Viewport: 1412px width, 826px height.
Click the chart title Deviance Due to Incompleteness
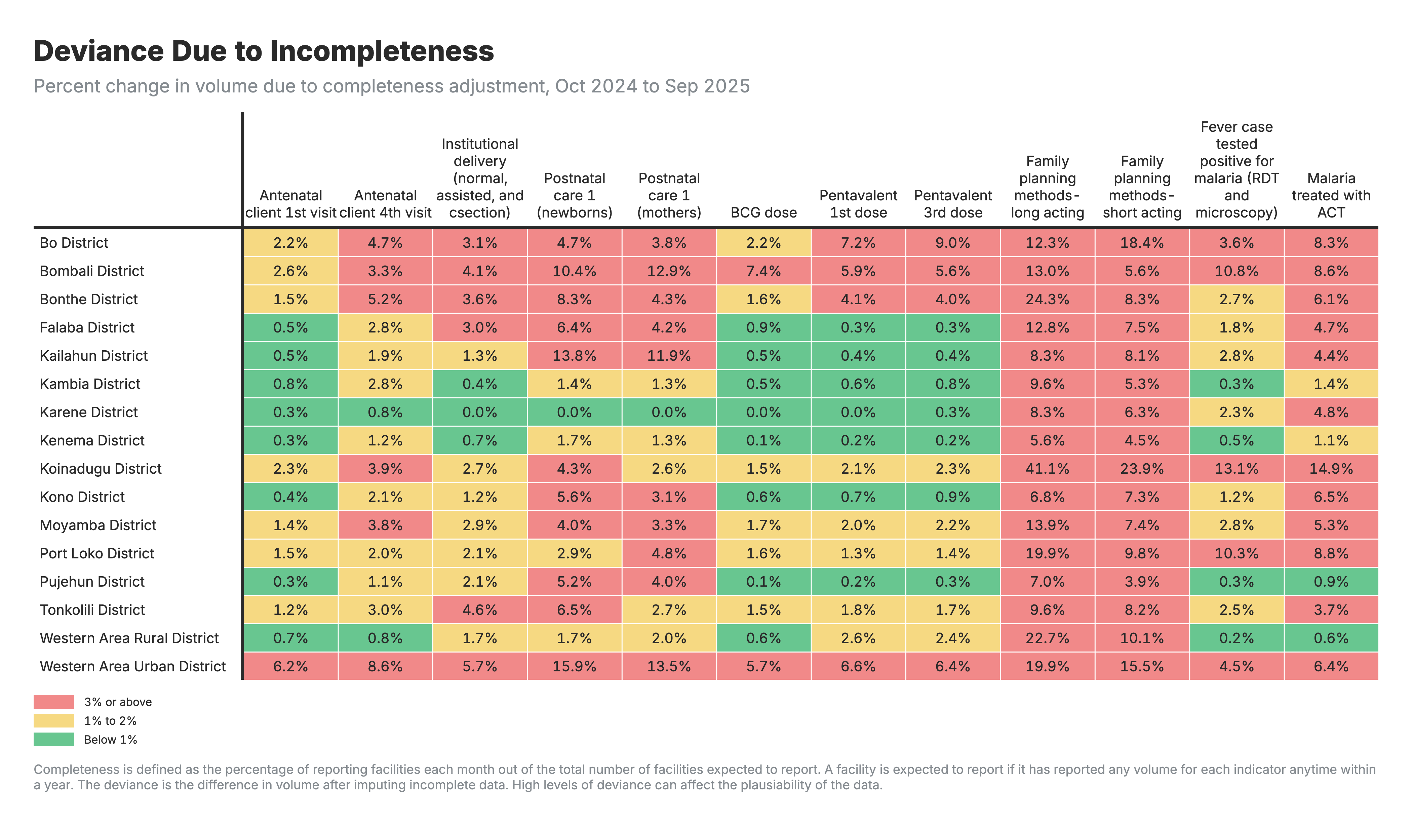click(263, 51)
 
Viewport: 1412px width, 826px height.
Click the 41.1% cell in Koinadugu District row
click(1047, 469)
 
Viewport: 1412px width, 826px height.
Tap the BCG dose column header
click(763, 212)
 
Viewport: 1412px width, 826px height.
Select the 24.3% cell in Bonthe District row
click(1047, 299)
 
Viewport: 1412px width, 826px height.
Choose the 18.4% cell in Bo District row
click(1141, 243)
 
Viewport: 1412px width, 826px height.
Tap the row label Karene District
click(88, 412)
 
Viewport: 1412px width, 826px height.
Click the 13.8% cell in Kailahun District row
click(574, 356)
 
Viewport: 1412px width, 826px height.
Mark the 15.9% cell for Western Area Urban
click(574, 666)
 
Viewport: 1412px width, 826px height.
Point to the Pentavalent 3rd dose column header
click(952, 204)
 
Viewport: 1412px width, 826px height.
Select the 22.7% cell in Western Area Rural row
click(1047, 638)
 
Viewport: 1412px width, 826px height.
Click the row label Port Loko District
click(96, 553)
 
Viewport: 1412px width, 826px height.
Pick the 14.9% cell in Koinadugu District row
click(1331, 469)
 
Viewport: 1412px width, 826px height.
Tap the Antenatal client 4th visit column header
click(386, 204)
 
